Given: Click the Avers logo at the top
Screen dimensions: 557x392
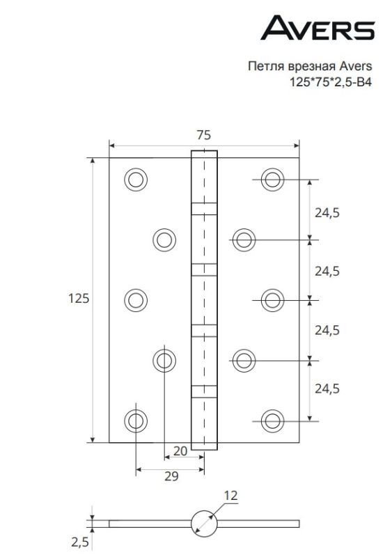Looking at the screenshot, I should coord(317,29).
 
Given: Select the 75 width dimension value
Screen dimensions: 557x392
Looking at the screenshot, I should coord(203,135).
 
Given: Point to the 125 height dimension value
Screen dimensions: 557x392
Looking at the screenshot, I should coord(78,298).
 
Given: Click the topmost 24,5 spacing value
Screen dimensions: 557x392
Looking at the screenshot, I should coord(327,213).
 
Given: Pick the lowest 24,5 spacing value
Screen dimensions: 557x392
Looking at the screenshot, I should coord(327,388).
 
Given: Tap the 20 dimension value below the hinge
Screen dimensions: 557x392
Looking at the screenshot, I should coord(180,450).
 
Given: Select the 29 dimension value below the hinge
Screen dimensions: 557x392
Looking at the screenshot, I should coord(171,476).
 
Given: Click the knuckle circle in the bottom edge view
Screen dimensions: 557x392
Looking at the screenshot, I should coord(203,522).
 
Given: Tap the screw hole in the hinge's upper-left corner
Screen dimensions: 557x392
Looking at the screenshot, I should coord(136,179).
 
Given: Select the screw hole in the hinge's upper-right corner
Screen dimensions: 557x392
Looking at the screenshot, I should coord(272,179).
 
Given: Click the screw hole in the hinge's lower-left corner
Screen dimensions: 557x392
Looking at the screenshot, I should coord(136,420).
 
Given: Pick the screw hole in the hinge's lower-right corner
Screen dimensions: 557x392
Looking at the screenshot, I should coord(272,420).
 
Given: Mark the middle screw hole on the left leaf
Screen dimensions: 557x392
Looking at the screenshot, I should coord(136,299).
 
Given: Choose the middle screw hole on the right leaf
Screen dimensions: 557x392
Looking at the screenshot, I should coord(272,299).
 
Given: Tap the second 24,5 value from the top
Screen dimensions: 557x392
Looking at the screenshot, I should coord(327,272).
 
